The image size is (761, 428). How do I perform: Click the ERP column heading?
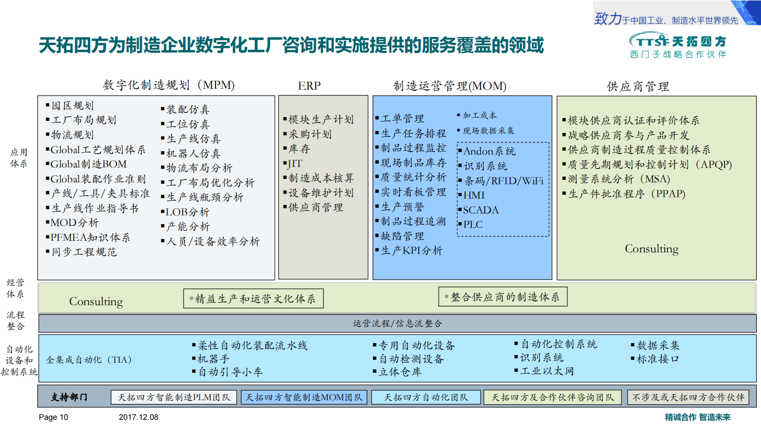click(309, 86)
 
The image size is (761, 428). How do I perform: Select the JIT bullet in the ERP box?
click(294, 164)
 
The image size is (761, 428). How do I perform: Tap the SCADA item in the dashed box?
click(480, 210)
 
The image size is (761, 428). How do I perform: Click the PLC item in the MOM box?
click(473, 224)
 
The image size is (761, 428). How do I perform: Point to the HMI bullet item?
click(474, 195)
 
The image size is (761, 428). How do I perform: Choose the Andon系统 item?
click(489, 151)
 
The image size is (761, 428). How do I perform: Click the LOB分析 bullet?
click(187, 212)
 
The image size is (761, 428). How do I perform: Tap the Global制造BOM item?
click(88, 164)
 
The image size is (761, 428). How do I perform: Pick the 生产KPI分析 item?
click(411, 250)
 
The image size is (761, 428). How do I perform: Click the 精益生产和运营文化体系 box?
click(253, 298)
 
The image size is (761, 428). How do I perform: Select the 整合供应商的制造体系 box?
click(503, 297)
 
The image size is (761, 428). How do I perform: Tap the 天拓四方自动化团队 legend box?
click(426, 397)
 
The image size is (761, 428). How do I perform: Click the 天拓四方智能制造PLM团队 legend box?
click(174, 397)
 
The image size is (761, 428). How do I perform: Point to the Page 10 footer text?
click(53, 417)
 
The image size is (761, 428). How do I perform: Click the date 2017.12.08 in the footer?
click(139, 417)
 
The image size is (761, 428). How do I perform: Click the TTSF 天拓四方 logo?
click(678, 46)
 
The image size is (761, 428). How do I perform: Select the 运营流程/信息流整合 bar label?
click(398, 323)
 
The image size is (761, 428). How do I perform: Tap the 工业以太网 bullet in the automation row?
click(547, 371)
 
